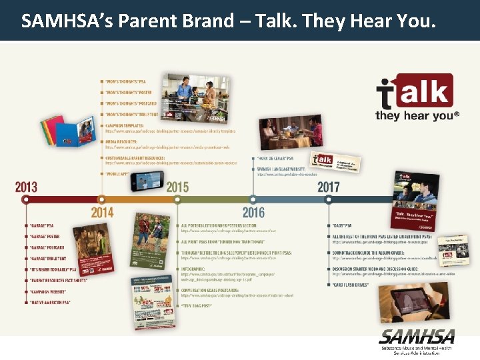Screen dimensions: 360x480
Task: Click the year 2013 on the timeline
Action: click(x=26, y=187)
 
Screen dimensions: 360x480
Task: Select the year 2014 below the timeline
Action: click(x=102, y=213)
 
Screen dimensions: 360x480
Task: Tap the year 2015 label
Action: click(x=177, y=187)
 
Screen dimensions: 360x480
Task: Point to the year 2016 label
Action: click(x=253, y=213)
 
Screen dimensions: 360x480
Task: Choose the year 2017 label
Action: click(x=328, y=187)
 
